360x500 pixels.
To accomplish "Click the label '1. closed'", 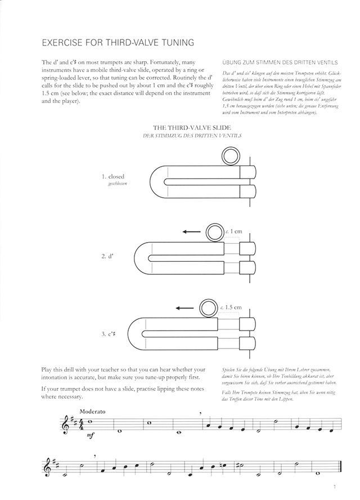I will click(112, 176).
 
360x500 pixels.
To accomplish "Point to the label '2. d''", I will click(107, 256).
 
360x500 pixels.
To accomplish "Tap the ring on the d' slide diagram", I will click(214, 231).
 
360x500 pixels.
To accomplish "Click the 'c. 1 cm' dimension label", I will click(233, 231).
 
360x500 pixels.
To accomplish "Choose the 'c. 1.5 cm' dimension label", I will click(231, 307).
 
